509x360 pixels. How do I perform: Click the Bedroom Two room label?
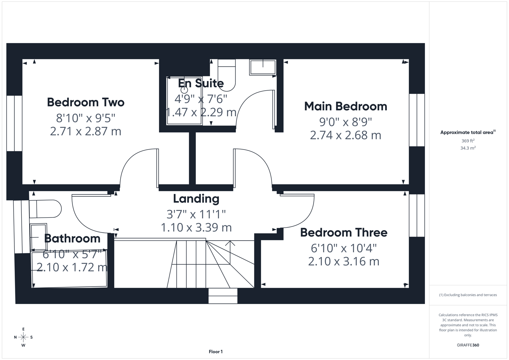click(86, 102)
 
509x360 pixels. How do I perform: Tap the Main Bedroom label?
click(346, 106)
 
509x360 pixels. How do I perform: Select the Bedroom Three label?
click(344, 233)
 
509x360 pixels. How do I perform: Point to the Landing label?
click(196, 199)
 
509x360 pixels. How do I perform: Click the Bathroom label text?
click(72, 239)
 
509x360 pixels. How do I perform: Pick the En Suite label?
click(201, 83)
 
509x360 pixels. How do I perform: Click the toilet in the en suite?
click(227, 75)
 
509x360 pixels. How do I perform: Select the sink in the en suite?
click(263, 67)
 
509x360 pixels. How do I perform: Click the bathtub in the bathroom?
click(69, 269)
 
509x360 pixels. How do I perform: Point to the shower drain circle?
click(184, 90)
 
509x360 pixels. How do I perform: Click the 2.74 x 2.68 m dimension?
click(345, 135)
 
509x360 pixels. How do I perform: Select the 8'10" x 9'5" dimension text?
click(86, 118)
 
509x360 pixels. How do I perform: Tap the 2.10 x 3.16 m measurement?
click(344, 261)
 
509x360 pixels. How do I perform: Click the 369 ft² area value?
click(468, 141)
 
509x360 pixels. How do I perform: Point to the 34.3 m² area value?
click(468, 148)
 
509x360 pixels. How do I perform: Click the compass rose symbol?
click(23, 337)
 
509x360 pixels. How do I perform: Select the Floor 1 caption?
click(216, 352)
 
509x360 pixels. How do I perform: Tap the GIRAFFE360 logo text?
click(468, 345)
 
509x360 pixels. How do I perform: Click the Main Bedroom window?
click(417, 120)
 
